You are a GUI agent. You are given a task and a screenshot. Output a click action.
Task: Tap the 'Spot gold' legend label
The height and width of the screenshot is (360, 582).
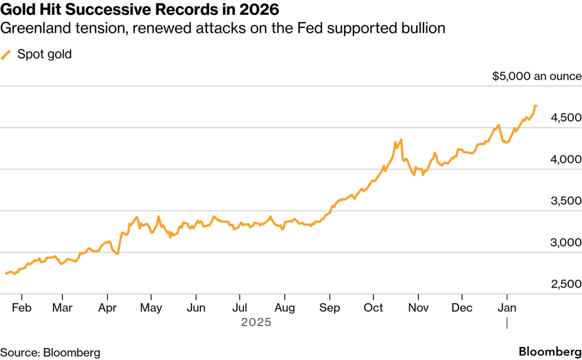pyautogui.click(x=44, y=55)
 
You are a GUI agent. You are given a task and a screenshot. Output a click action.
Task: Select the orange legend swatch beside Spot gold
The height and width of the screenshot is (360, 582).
pyautogui.click(x=6, y=55)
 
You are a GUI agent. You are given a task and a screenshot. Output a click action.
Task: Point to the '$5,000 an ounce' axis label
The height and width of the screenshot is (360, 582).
pyautogui.click(x=537, y=76)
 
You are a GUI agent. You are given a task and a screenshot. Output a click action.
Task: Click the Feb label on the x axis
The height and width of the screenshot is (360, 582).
pyautogui.click(x=21, y=308)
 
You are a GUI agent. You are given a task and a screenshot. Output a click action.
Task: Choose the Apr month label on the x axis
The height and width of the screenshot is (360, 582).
pyautogui.click(x=107, y=308)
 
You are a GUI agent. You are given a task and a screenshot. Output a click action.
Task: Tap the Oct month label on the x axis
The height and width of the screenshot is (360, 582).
pyautogui.click(x=373, y=308)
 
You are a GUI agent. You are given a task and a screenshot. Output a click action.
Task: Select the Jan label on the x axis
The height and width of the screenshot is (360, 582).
pyautogui.click(x=506, y=308)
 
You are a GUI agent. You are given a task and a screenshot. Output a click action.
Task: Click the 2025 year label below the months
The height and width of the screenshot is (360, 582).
pyautogui.click(x=256, y=322)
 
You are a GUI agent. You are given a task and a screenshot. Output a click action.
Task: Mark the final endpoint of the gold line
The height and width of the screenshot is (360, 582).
pyautogui.click(x=537, y=106)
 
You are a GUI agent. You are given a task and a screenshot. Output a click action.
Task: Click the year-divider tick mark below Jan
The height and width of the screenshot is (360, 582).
pyautogui.click(x=506, y=322)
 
